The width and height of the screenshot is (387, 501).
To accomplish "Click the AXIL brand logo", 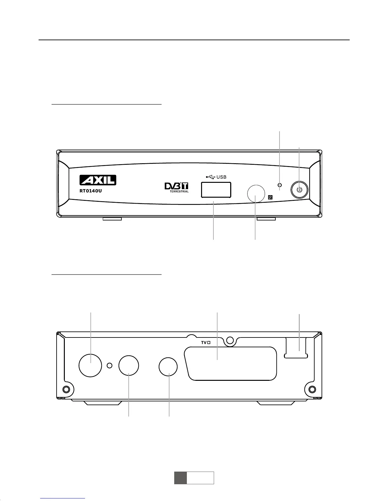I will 97,180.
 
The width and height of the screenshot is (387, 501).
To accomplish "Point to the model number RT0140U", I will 90,191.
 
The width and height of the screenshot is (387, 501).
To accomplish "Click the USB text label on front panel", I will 221,177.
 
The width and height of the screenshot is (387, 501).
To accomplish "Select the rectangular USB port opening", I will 215,190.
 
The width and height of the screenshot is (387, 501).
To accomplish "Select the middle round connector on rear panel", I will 129,366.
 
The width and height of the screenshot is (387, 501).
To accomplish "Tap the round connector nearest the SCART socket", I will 168,367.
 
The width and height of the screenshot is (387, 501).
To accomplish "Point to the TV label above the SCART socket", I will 206,343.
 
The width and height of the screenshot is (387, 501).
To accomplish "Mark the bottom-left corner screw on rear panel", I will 66,389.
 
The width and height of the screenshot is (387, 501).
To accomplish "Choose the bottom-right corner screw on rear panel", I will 312,389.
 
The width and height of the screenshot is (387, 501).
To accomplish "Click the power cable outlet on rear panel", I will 296,347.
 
